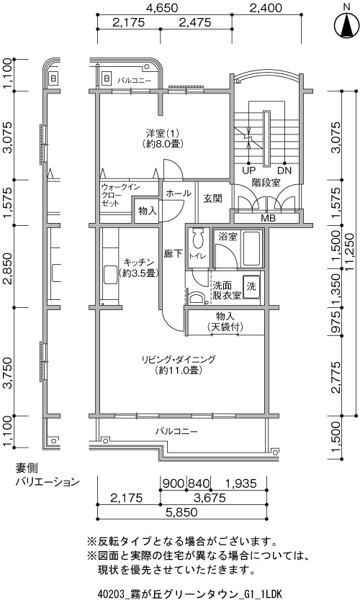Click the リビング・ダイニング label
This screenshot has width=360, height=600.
pyautogui.click(x=179, y=360)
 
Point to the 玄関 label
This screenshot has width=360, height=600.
pyautogui.click(x=212, y=199)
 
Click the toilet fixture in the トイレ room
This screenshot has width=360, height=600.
pyautogui.click(x=197, y=238)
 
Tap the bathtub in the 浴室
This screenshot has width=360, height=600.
pyautogui.click(x=251, y=249)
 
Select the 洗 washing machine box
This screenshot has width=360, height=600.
pyautogui.click(x=251, y=286)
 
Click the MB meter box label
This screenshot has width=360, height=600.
pyautogui.click(x=268, y=219)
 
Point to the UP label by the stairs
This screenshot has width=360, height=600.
pyautogui.click(x=249, y=171)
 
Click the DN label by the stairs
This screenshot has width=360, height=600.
pyautogui.click(x=284, y=171)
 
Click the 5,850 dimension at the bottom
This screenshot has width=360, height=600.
pyautogui.click(x=182, y=512)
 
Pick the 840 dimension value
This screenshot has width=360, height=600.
pyautogui.click(x=199, y=483)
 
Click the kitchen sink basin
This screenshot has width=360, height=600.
pyautogui.click(x=110, y=275)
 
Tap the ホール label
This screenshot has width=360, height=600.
pyautogui.click(x=179, y=194)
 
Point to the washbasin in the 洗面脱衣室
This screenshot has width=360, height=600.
pyautogui.click(x=197, y=298)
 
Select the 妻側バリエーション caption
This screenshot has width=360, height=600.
pyautogui.click(x=47, y=475)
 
